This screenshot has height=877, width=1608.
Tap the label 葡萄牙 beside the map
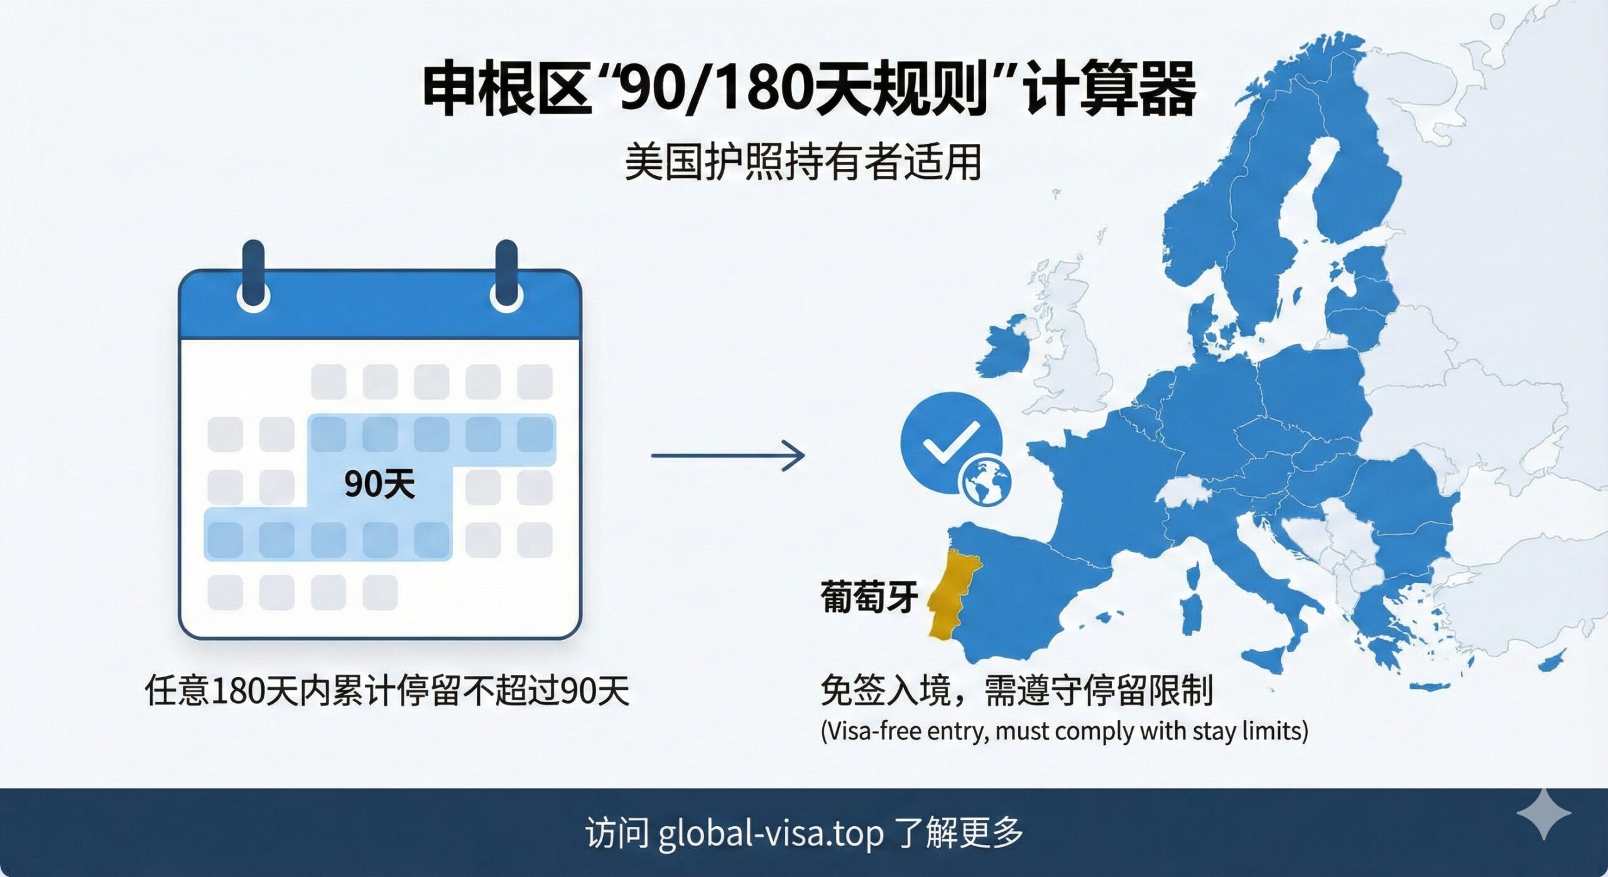pos(869,597)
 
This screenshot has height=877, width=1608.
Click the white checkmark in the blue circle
pos(950,441)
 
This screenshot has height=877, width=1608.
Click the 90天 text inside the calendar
pos(380,484)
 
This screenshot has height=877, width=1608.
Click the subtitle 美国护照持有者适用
pos(803,162)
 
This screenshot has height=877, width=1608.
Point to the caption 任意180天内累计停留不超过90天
pos(387,692)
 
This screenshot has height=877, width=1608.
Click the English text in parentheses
pos(1065,731)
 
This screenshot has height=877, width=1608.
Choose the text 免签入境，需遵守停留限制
pos(1016,691)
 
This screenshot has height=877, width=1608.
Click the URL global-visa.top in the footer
pos(771,833)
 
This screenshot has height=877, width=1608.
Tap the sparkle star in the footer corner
pos(1543,814)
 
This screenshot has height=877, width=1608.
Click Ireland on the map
pos(1007,355)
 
